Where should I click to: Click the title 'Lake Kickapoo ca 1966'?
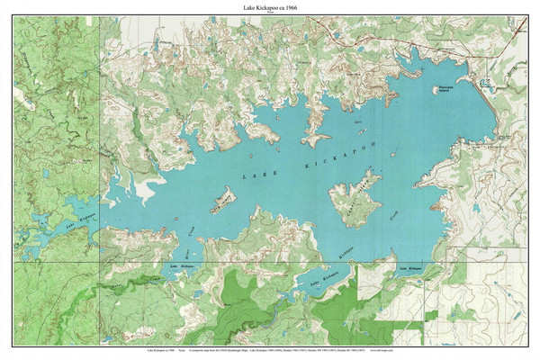click(x=270, y=6)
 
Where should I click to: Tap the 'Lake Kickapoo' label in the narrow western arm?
click(x=80, y=216)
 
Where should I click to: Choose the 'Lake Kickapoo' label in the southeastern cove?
click(x=409, y=267)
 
